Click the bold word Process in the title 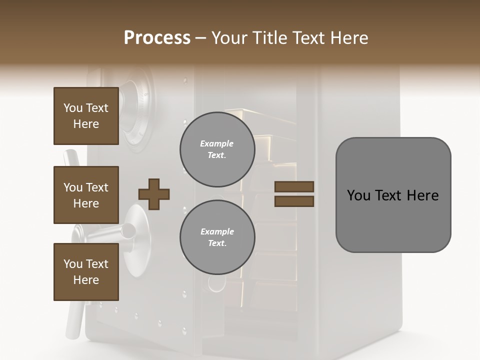(x=157, y=38)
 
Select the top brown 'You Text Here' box (x=86, y=116)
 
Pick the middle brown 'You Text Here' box (x=86, y=195)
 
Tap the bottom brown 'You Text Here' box (x=86, y=272)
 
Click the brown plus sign (x=154, y=194)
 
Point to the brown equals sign (x=294, y=194)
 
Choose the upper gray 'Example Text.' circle (x=217, y=149)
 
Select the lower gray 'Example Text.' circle (x=217, y=237)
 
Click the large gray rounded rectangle (x=393, y=195)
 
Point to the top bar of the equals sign (x=294, y=187)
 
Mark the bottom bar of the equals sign (x=294, y=201)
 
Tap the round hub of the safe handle (x=129, y=230)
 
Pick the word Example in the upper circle (x=217, y=143)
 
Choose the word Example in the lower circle (x=217, y=231)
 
